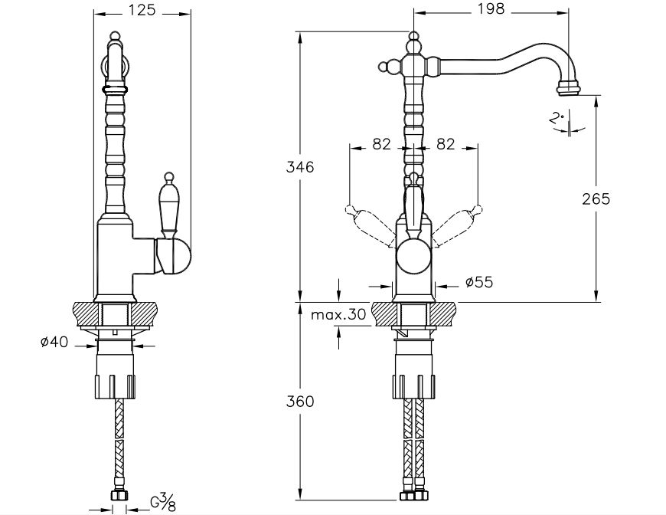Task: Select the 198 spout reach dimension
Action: click(489, 9)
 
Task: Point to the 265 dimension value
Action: click(596, 198)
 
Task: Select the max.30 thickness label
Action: click(339, 314)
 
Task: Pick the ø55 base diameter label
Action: click(478, 283)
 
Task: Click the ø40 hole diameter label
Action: click(54, 343)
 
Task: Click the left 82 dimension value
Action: click(383, 143)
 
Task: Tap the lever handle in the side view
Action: click(168, 207)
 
